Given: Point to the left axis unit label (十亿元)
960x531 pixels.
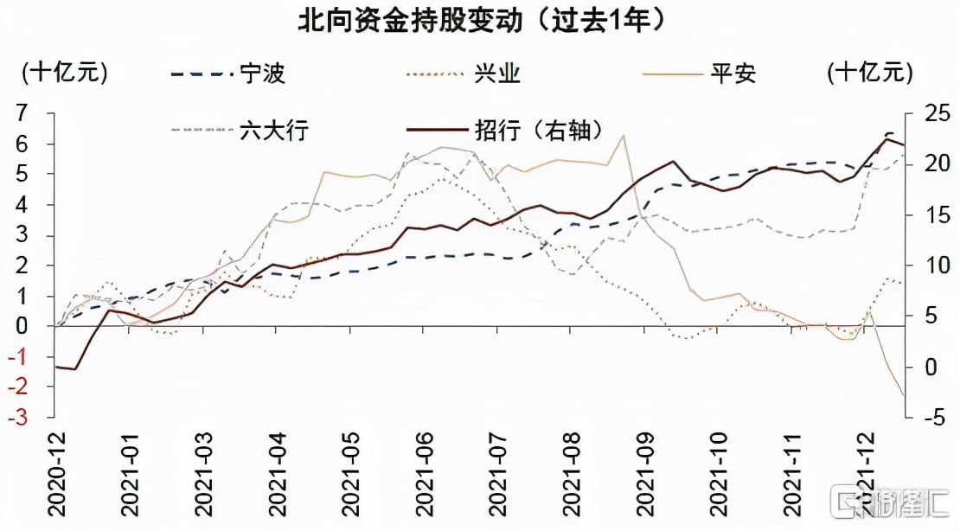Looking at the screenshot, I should pyautogui.click(x=65, y=73).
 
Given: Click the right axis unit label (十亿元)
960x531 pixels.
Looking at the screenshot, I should pyautogui.click(x=869, y=73).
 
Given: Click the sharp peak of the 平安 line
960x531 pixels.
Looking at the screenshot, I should pyautogui.click(x=623, y=136).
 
